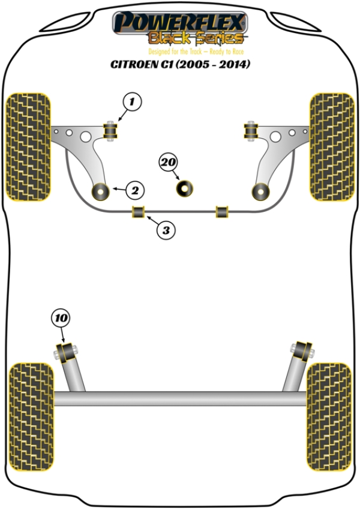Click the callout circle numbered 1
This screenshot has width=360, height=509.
(133, 102)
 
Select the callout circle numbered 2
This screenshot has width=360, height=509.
(134, 191)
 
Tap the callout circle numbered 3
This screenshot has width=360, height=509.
(167, 229)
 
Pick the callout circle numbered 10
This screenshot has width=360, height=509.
(61, 318)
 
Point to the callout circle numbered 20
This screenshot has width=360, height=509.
(169, 162)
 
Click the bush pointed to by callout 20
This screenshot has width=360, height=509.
(185, 188)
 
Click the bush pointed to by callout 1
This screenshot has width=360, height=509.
(110, 130)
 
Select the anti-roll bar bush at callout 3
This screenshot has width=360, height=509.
(139, 211)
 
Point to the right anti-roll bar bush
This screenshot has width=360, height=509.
(223, 211)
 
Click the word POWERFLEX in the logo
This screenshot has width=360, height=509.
(180, 22)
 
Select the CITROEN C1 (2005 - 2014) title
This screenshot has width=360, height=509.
(180, 64)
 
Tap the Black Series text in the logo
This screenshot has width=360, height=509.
(196, 39)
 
